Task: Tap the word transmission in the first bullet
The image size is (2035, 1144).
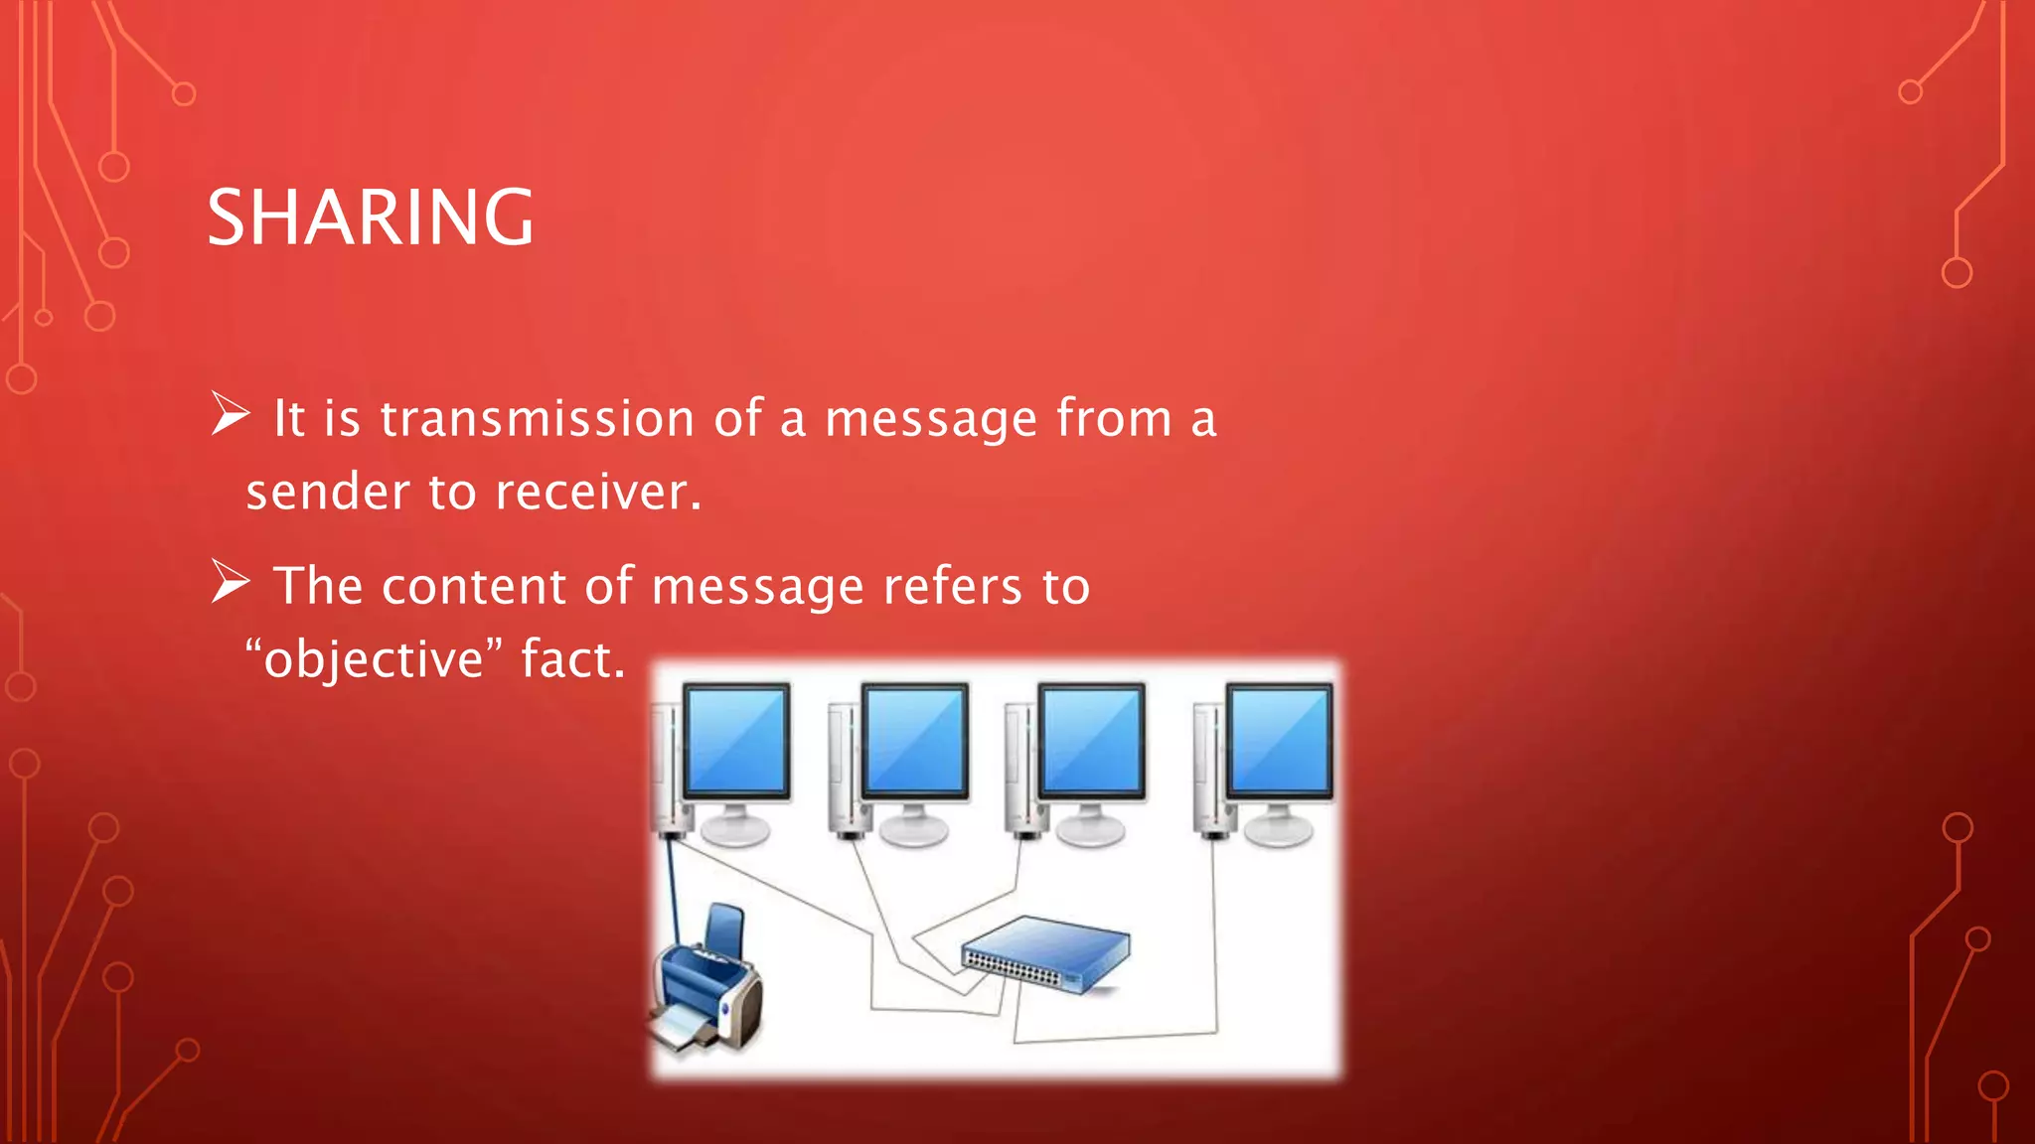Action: tap(537, 418)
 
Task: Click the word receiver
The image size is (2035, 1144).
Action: tap(597, 492)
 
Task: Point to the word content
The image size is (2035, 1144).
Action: tap(471, 586)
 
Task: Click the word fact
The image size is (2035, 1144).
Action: tap(573, 659)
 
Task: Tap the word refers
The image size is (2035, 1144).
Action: tap(953, 586)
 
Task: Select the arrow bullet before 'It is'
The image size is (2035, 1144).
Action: tap(230, 414)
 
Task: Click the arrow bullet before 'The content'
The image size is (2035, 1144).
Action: tap(230, 582)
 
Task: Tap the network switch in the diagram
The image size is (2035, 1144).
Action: tap(1046, 953)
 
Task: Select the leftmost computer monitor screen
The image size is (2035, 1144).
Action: tap(736, 739)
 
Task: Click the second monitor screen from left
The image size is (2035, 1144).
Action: tap(914, 739)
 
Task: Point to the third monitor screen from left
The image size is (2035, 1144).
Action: tap(1091, 739)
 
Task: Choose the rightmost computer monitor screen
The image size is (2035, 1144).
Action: tap(1279, 739)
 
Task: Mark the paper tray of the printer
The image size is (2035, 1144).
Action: tap(682, 1028)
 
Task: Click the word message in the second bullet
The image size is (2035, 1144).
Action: tap(757, 586)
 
